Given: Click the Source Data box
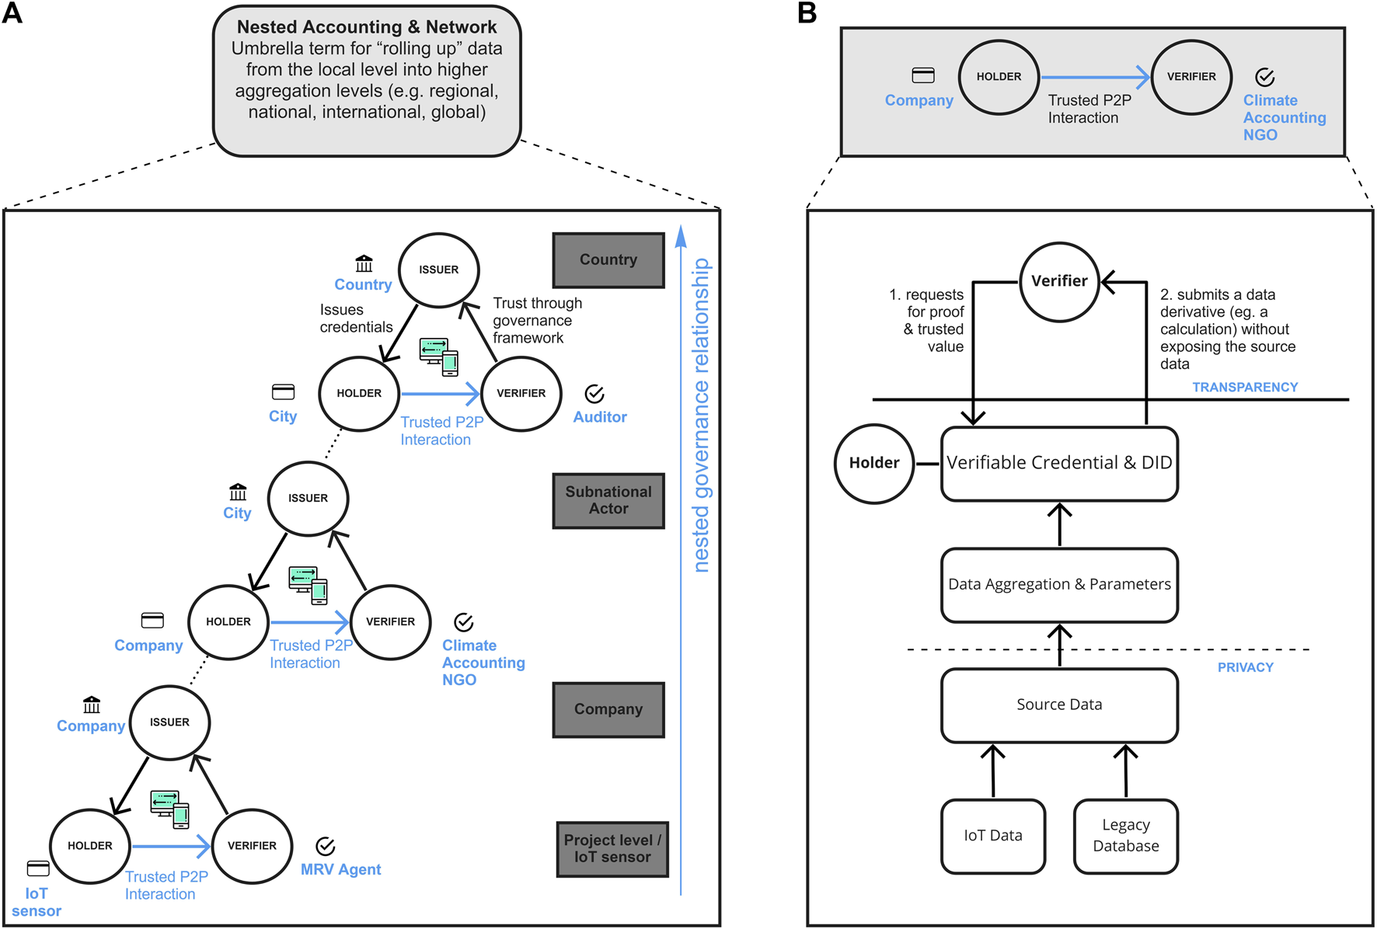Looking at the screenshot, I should pyautogui.click(x=1058, y=705).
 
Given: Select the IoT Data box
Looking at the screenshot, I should pyautogui.click(x=992, y=836).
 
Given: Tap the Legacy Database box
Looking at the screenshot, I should pyautogui.click(x=1125, y=836).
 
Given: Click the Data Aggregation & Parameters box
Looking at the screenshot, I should pyautogui.click(x=1058, y=585).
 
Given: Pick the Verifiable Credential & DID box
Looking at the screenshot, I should pyautogui.click(x=1058, y=464).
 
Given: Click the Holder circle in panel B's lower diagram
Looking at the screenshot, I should pyautogui.click(x=873, y=464).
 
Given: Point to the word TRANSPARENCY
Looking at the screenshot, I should pyautogui.click(x=1244, y=387).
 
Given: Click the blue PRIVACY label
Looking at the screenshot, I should pyautogui.click(x=1245, y=667).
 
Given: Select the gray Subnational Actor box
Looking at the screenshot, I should pyautogui.click(x=608, y=500).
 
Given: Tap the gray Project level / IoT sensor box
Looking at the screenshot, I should pyautogui.click(x=612, y=849).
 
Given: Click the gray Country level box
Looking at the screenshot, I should pyautogui.click(x=608, y=260).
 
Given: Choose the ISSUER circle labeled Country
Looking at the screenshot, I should pyautogui.click(x=438, y=270).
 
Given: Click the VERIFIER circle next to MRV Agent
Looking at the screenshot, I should pyautogui.click(x=252, y=846).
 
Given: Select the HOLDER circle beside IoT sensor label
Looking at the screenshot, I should pyautogui.click(x=90, y=846).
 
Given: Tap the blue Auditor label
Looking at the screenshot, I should pyautogui.click(x=599, y=417).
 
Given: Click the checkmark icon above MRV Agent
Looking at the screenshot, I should pyautogui.click(x=326, y=846).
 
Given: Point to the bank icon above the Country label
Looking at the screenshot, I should pyautogui.click(x=364, y=263).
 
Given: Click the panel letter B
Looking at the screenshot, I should pyautogui.click(x=807, y=13).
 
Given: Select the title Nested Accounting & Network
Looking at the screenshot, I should pyautogui.click(x=367, y=27).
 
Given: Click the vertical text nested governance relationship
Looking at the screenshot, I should pyautogui.click(x=701, y=416).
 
